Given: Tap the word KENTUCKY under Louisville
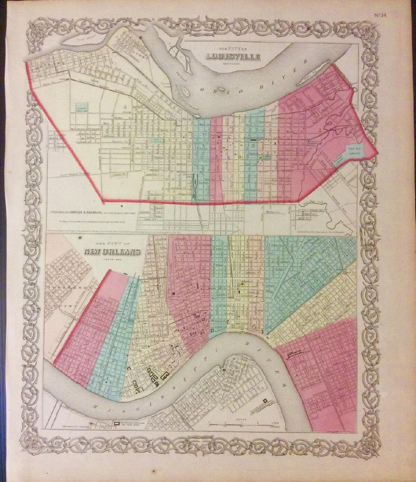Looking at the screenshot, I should [x=235, y=64].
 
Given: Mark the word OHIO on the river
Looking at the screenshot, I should [x=215, y=89].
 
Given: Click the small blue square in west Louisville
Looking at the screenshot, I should [x=81, y=107].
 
